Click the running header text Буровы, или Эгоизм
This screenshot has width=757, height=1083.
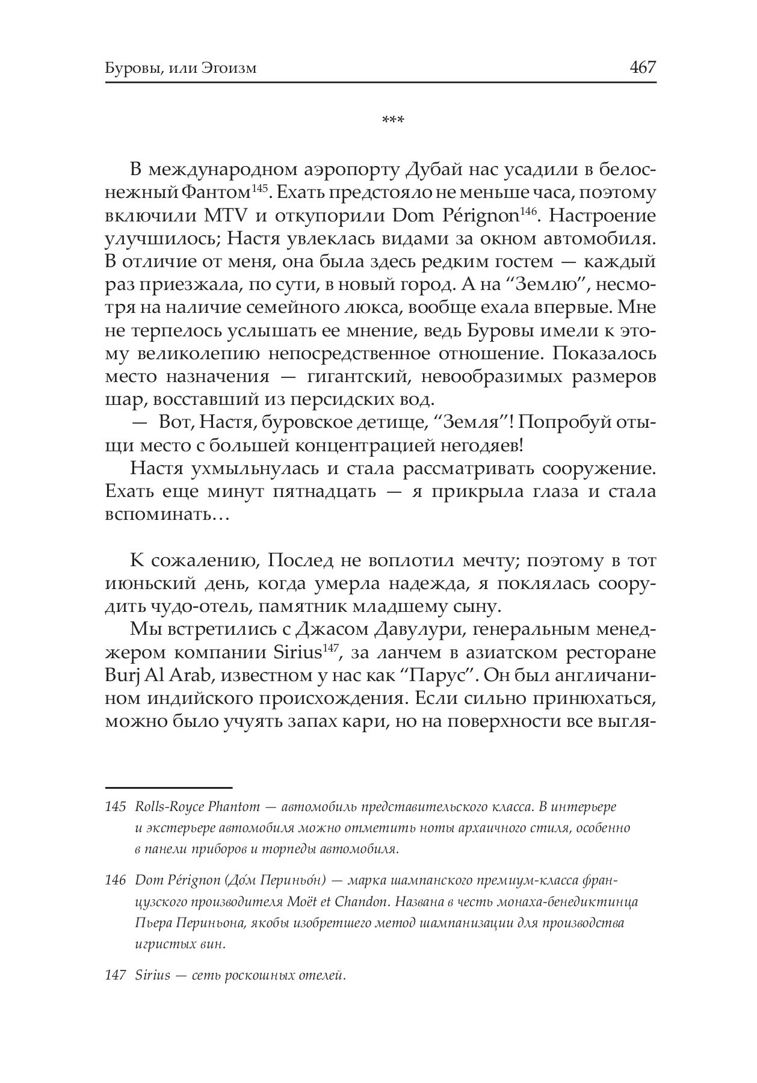pos(181,68)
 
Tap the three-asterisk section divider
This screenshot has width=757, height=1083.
pos(394,120)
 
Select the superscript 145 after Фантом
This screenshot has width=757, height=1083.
pos(259,189)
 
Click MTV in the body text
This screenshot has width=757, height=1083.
pos(226,216)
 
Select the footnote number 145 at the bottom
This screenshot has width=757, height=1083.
pos(115,806)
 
